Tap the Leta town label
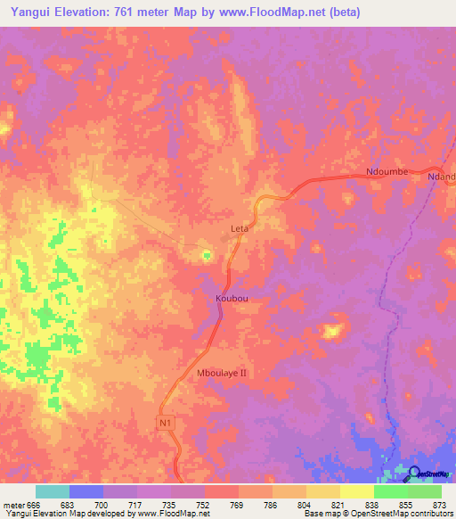pos(240,228)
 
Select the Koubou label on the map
pos(231,299)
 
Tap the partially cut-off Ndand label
pos(442,177)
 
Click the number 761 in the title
pos(153,12)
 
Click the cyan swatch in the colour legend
pos(53,491)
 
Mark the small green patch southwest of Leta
pos(207,256)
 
